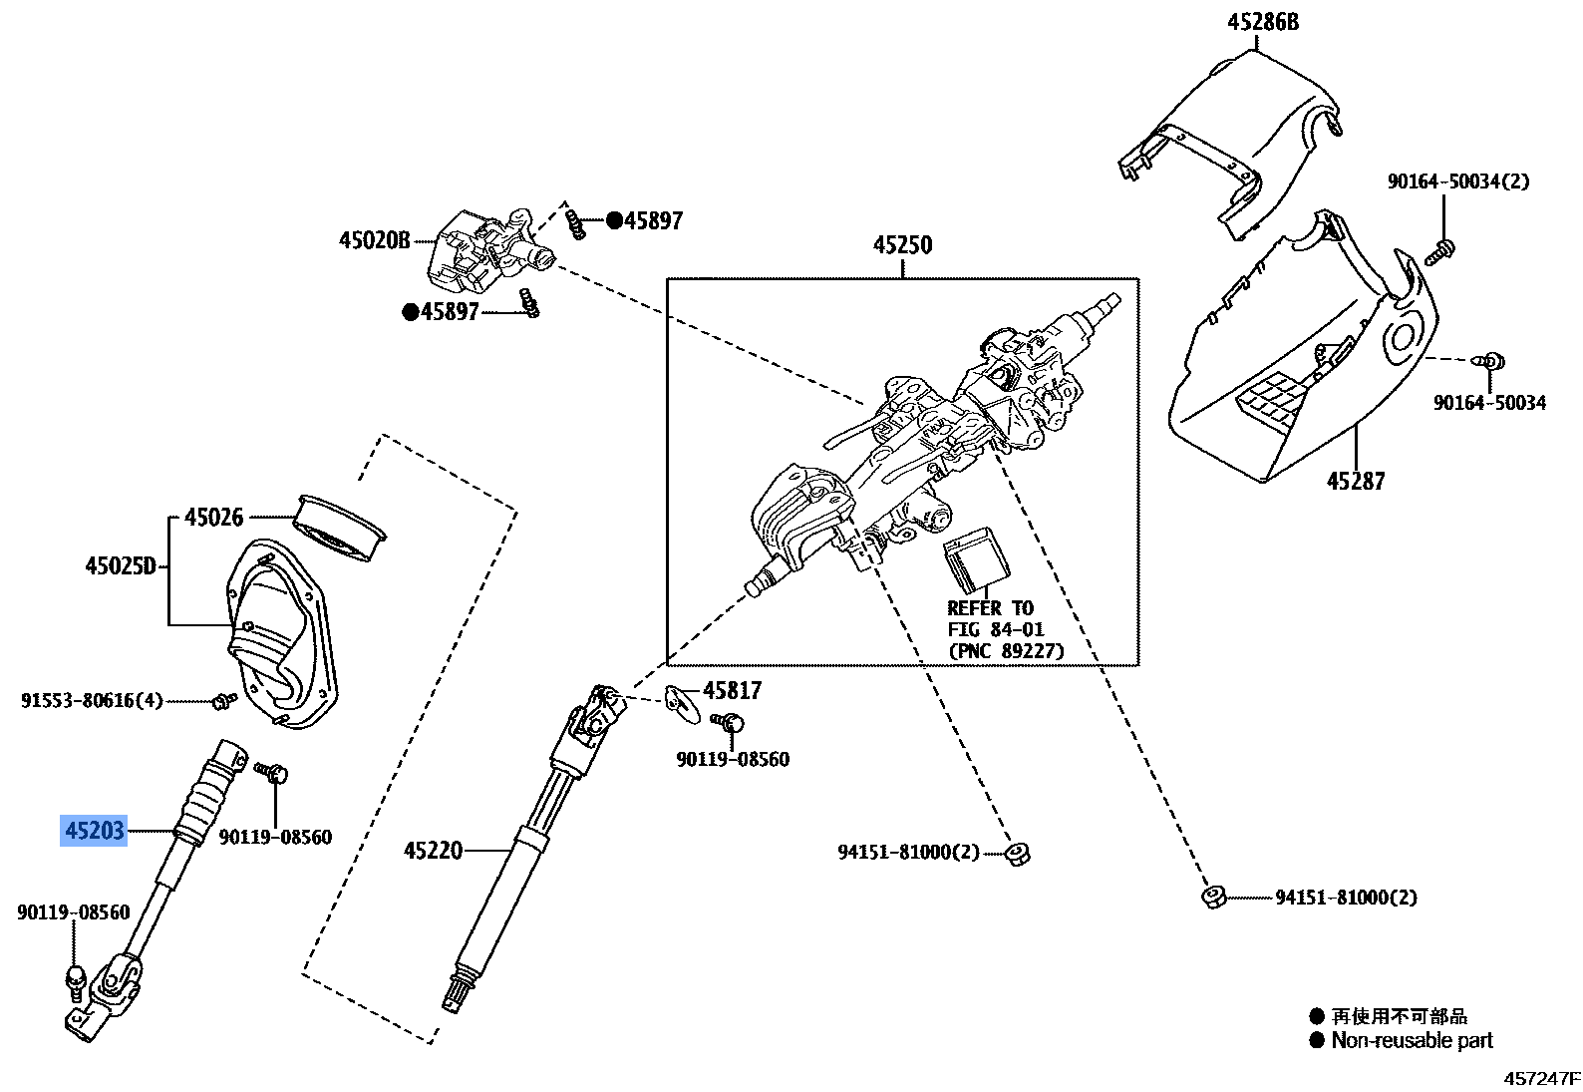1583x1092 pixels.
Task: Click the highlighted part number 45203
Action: (x=95, y=830)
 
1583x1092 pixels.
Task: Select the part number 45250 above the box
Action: (x=902, y=245)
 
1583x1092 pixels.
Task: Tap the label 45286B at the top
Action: (x=1263, y=22)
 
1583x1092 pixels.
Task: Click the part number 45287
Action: (x=1355, y=481)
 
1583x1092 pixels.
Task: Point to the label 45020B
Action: (x=375, y=240)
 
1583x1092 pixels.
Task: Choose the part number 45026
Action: (x=213, y=517)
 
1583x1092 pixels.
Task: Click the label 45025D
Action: (x=121, y=566)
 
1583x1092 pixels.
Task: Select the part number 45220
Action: (x=434, y=851)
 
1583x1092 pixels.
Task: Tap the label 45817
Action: (x=732, y=690)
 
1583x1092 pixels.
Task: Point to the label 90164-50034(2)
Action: (x=1457, y=182)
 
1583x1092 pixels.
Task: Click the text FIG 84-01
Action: (x=995, y=630)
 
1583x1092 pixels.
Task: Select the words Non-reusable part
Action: (x=1412, y=1041)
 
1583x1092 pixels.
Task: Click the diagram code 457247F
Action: (x=1542, y=1079)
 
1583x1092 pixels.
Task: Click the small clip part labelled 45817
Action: (x=682, y=701)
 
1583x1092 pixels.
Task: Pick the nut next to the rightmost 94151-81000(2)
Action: (x=1213, y=897)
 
